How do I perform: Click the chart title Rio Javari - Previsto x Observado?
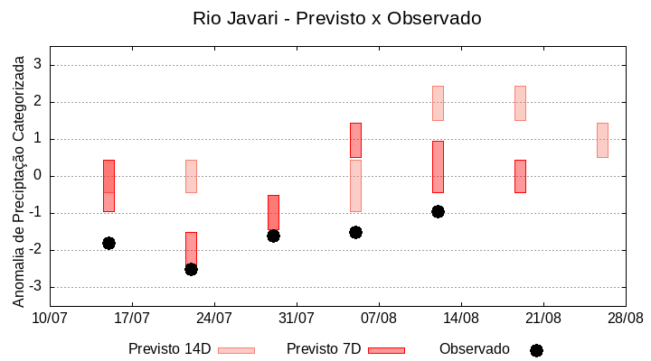[x=336, y=18]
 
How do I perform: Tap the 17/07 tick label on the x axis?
[x=132, y=318]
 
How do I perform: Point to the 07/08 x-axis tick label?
[x=379, y=318]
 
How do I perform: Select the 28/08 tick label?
[x=625, y=318]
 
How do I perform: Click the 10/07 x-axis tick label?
[x=50, y=318]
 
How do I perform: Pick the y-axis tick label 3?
[x=38, y=65]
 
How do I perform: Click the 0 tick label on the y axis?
[x=38, y=176]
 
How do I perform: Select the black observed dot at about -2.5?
[x=191, y=269]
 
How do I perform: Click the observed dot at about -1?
[x=438, y=211]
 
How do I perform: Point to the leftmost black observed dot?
[x=108, y=243]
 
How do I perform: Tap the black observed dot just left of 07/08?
[x=355, y=232]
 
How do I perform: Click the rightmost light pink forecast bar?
[x=602, y=140]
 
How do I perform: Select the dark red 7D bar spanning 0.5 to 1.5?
[x=355, y=140]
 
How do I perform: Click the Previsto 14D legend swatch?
[x=236, y=350]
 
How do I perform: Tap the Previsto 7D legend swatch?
[x=386, y=350]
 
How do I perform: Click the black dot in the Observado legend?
[x=536, y=350]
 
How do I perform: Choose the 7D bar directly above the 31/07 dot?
[x=273, y=212]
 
